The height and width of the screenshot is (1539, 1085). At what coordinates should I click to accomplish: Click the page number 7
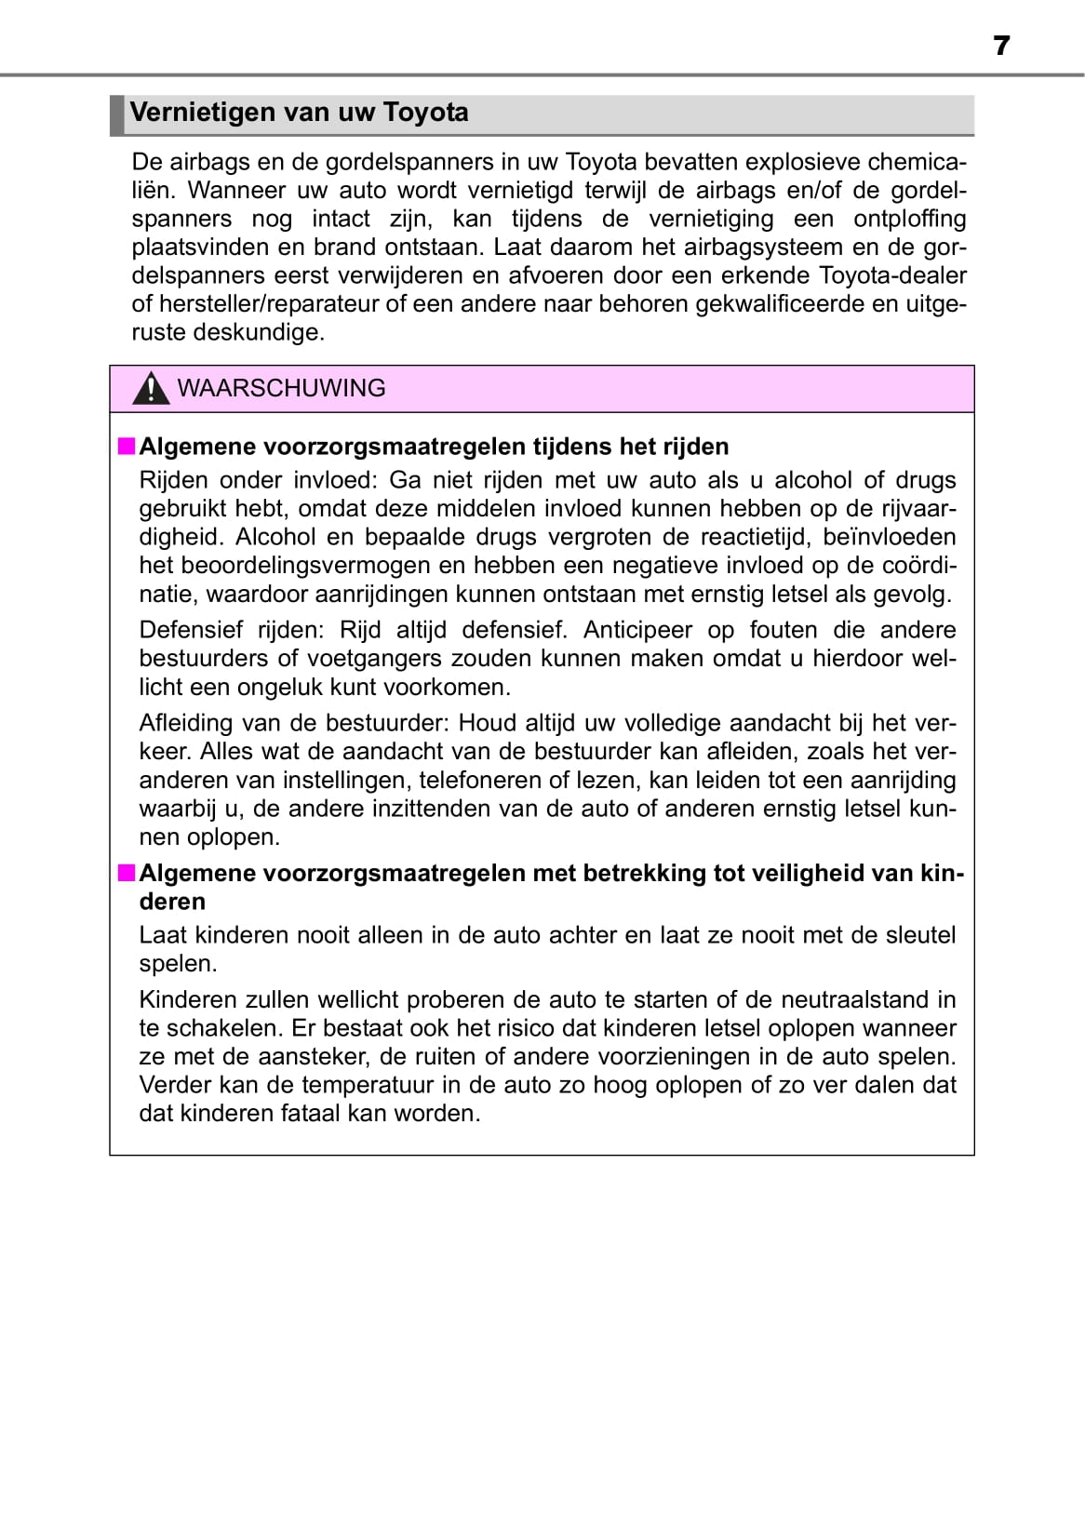(1000, 46)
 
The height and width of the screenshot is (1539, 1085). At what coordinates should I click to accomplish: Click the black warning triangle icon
(150, 389)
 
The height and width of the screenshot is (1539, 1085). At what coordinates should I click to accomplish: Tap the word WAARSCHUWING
(281, 388)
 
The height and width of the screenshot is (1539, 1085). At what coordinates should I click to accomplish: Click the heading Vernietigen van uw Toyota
(299, 113)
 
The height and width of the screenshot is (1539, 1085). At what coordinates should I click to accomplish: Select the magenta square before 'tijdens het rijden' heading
(126, 447)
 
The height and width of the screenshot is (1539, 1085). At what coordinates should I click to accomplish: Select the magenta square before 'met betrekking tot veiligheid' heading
(126, 873)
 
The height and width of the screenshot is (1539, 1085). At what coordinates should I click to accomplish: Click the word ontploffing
(909, 219)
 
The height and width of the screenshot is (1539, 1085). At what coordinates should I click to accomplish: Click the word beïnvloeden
(889, 537)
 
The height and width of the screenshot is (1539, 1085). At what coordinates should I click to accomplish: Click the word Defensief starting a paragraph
(192, 630)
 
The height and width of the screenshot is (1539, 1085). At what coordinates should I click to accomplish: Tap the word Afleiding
(184, 723)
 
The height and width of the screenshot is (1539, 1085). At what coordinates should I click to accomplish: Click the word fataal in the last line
(310, 1114)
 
